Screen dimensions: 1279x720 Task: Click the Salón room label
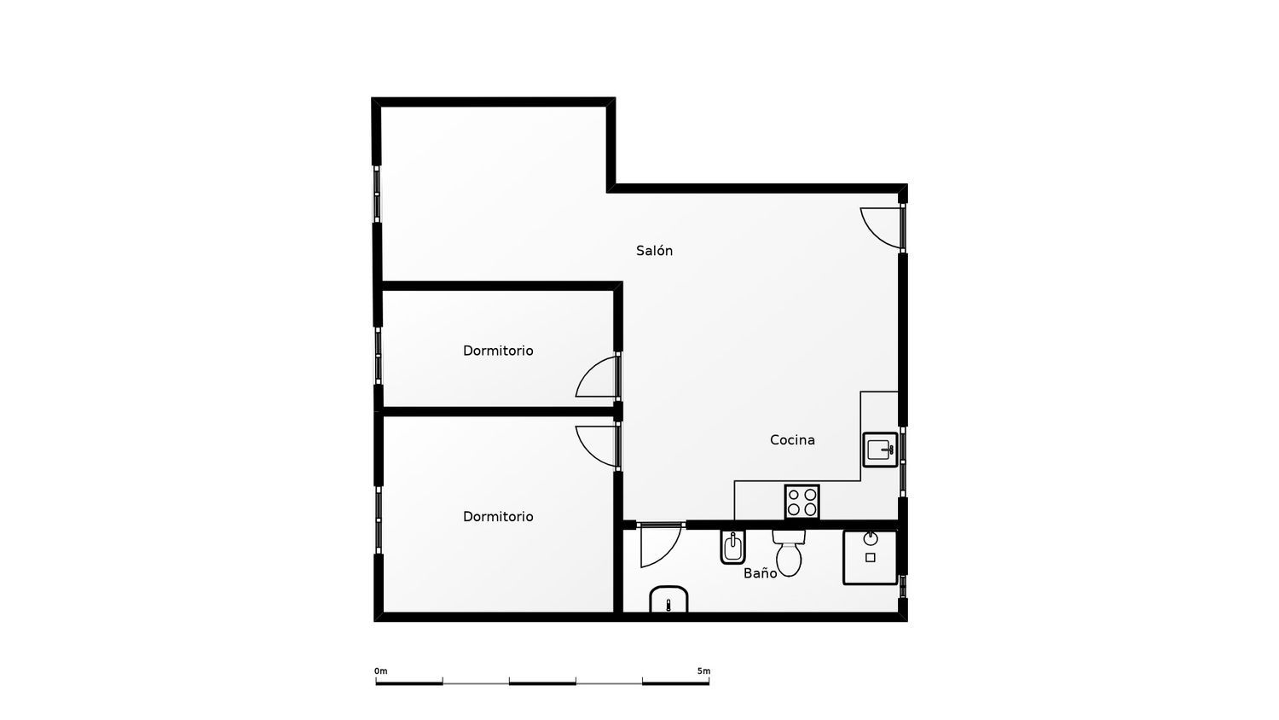[654, 251]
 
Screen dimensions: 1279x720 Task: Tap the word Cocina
[792, 440]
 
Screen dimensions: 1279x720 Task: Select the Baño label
[760, 573]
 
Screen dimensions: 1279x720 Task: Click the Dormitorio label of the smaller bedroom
[498, 351]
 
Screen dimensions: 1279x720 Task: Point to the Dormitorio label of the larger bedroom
[498, 517]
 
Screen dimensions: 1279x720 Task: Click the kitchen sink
[880, 450]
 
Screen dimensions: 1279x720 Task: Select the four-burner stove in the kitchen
[802, 502]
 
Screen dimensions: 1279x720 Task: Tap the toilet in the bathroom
[789, 553]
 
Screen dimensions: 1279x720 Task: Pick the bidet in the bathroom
[732, 547]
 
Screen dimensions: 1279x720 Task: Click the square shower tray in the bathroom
[871, 557]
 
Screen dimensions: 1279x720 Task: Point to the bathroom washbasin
[668, 600]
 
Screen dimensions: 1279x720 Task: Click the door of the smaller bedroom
[597, 376]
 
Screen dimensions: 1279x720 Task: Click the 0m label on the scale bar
[381, 671]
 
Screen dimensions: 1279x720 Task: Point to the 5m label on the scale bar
[703, 671]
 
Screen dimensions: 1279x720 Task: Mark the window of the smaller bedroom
[378, 356]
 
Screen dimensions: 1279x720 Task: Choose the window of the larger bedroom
[378, 520]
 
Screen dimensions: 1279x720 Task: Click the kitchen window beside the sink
[903, 462]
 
